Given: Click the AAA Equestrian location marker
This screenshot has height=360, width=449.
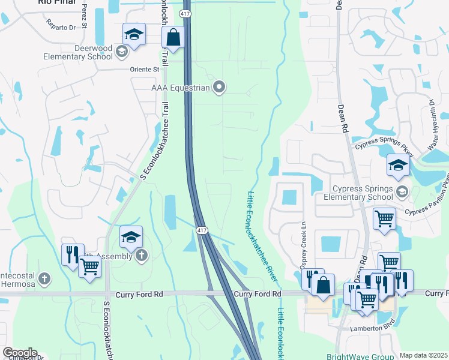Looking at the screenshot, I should tap(219, 88).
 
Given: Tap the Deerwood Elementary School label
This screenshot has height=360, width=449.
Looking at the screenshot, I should tap(77, 52).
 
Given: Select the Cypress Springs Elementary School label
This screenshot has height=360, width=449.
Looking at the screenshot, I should tap(358, 193).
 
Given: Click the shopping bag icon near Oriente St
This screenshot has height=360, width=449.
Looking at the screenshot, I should tap(173, 38).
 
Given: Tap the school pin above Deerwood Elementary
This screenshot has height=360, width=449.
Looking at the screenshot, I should tap(134, 35).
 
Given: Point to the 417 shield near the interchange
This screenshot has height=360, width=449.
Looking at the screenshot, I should tap(201, 230).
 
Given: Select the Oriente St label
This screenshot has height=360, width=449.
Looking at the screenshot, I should tap(145, 69).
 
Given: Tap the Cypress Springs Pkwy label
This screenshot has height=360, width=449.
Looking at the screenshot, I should tap(384, 145).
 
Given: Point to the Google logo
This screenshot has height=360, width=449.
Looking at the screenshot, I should tap(19, 353).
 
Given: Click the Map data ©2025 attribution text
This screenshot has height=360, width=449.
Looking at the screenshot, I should tap(423, 355).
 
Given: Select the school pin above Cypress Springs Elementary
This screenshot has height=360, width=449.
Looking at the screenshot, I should tap(398, 166).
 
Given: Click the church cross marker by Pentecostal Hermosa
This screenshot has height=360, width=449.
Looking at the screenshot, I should tap(44, 278).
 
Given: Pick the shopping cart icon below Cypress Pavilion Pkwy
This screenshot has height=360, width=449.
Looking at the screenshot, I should tap(384, 218).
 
